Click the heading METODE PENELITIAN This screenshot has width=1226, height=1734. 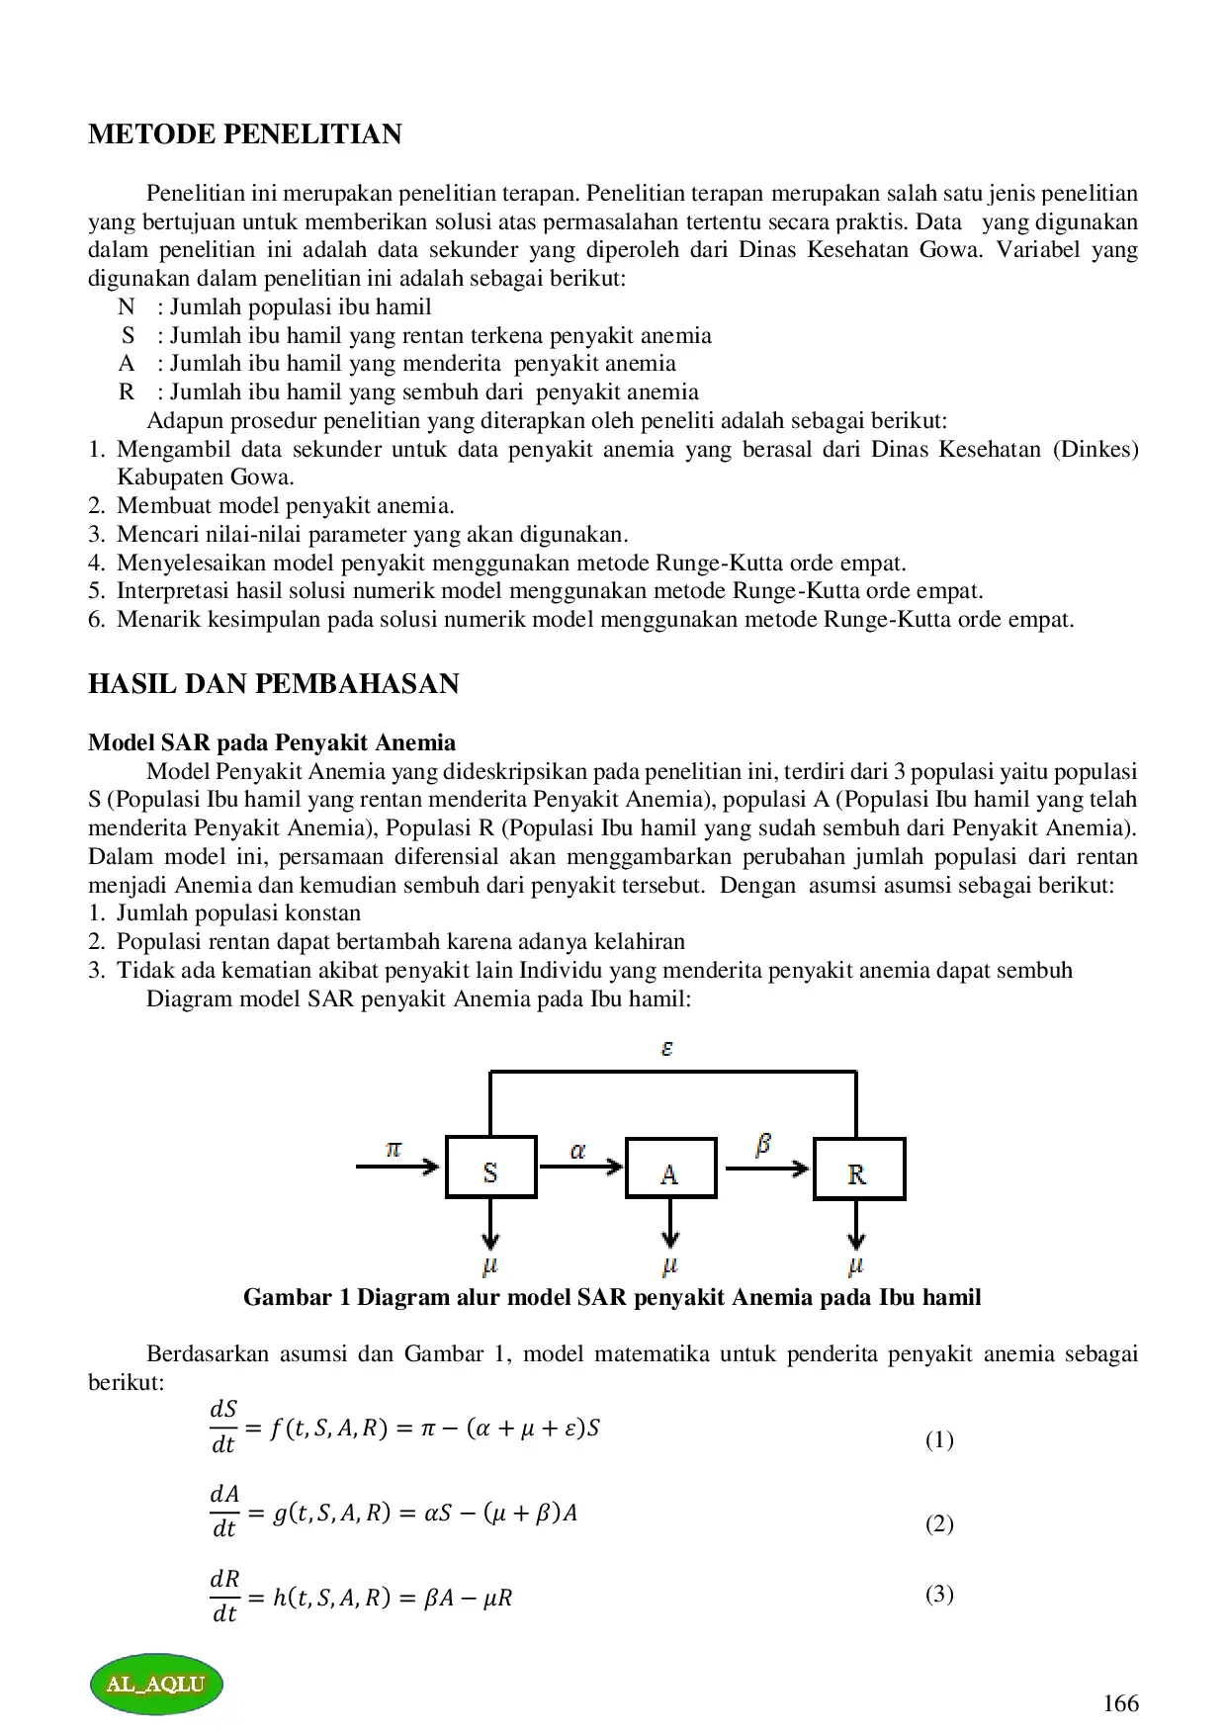coord(244,134)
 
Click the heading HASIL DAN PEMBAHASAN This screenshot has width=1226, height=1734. coord(273,684)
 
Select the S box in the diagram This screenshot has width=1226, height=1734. coord(490,1169)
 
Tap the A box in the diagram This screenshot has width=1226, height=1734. coord(670,1170)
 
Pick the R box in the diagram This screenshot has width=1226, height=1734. coord(858,1170)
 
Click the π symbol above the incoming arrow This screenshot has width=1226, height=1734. coord(394,1149)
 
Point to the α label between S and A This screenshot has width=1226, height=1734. coord(578,1151)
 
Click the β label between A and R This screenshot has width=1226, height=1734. coord(763,1145)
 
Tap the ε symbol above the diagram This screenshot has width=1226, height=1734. coord(667,1049)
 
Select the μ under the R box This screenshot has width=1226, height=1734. coord(856,1264)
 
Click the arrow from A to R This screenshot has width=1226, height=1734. coord(766,1169)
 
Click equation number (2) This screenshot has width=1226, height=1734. coord(939,1523)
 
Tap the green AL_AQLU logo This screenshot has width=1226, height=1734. coord(156,1684)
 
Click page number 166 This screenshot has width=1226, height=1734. coord(1120,1703)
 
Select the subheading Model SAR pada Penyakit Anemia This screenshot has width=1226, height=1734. coord(272,743)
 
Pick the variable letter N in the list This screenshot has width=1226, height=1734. coord(126,307)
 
